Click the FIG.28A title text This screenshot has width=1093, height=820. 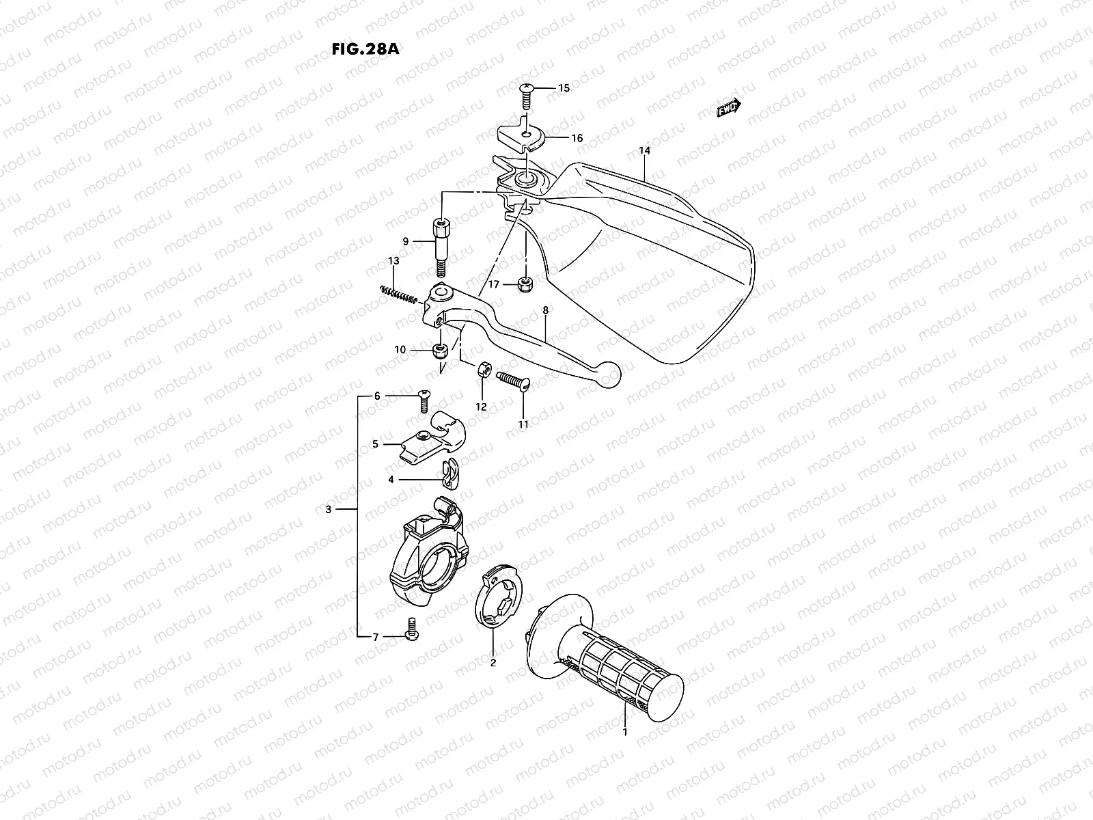[363, 49]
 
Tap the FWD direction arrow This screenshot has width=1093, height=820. [728, 108]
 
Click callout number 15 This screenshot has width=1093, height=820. [564, 88]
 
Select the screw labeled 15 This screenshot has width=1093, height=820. [527, 94]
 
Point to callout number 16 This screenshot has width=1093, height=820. [577, 138]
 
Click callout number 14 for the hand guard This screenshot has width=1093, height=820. [644, 150]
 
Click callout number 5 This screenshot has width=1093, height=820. [375, 444]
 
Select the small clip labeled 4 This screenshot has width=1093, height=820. [449, 474]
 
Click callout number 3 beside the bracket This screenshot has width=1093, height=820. [329, 510]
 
